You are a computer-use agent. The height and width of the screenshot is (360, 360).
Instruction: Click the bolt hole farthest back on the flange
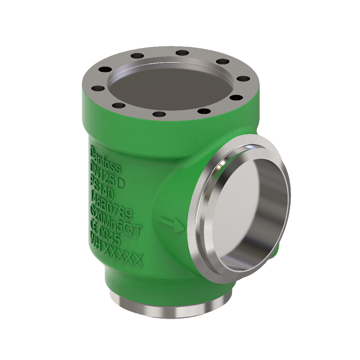point(182,52)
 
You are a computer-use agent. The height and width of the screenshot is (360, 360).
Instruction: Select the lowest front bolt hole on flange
point(159,114)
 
